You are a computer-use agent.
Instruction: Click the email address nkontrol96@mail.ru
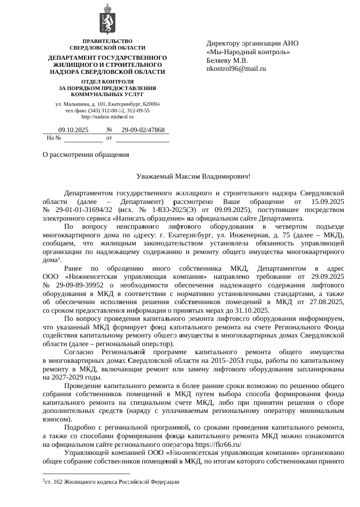pos(236,68)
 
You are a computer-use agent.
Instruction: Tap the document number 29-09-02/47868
pos(143,130)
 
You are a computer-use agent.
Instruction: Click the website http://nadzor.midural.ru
pos(107,117)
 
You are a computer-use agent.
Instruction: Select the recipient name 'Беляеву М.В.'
pos(227,60)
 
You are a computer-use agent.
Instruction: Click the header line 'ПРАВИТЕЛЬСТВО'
pos(107,40)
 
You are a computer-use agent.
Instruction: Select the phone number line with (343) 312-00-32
pos(107,110)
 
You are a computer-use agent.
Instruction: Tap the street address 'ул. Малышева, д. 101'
pos(81,104)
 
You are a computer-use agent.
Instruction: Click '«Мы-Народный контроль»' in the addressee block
pos(248,52)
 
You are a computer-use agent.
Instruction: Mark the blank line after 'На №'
pos(83,138)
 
